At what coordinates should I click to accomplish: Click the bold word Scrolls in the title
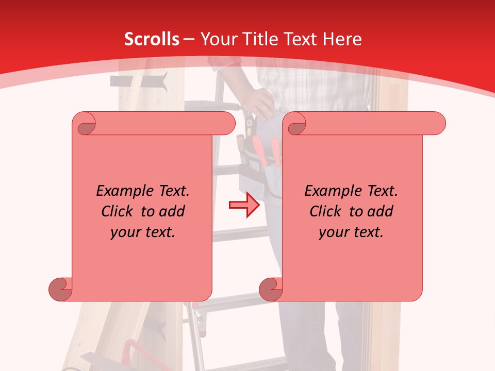pos(152,39)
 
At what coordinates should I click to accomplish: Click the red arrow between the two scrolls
pos(244,205)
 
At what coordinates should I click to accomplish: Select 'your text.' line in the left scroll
pos(143,232)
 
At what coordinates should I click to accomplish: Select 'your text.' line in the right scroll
pos(351,232)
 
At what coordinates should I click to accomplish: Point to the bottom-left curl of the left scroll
pos(61,289)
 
